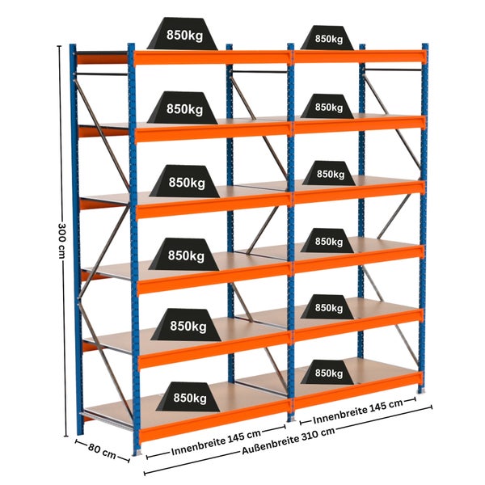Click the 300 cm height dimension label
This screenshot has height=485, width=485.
pos(61,240)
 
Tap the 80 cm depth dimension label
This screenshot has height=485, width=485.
pos(102,451)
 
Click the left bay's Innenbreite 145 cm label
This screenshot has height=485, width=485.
pos(216,442)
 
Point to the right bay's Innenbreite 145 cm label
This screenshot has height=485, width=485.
pos(358,411)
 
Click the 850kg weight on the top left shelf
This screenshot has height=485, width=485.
pos(183,33)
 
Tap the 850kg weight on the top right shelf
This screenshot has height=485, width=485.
pos(327,38)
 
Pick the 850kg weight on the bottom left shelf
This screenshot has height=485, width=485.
pos(188,397)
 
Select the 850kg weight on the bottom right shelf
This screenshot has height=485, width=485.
pos(327,373)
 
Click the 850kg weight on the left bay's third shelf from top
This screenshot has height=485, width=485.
pos(184,181)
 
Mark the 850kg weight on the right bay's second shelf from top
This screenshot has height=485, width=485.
pos(327,106)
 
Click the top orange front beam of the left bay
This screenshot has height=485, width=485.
pos(212,58)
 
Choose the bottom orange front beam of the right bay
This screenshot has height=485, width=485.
pos(357,389)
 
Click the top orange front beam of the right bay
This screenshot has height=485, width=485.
pos(360,57)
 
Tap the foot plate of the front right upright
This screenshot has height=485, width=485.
pos(421,391)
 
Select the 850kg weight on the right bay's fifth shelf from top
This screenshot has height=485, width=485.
pos(327,307)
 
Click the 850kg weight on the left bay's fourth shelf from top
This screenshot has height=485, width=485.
pos(184,255)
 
